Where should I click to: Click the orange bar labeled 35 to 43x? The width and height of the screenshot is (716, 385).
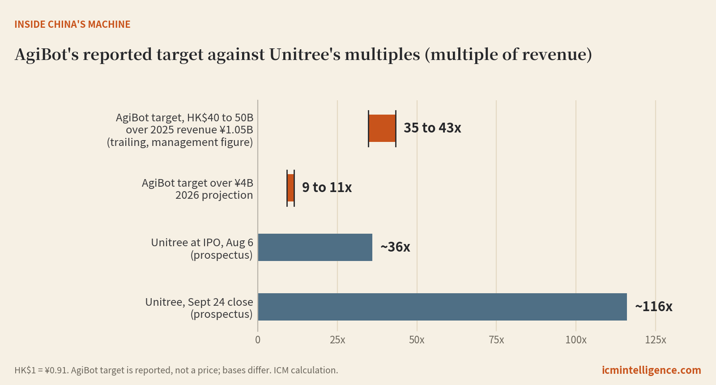(382, 128)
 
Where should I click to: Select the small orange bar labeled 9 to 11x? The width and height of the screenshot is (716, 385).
(290, 188)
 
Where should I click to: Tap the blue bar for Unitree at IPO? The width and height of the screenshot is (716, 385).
(315, 247)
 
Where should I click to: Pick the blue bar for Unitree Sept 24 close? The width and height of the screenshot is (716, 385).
(443, 307)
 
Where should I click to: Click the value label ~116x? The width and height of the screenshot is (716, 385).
(654, 306)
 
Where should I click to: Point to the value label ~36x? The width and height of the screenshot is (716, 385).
(395, 247)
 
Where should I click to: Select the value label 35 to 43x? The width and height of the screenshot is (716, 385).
(432, 128)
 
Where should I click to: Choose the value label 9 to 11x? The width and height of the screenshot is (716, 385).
(327, 188)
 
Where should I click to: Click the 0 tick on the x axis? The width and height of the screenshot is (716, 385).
(258, 340)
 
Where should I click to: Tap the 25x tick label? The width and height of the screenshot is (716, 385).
(337, 340)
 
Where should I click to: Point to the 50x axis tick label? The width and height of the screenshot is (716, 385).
(417, 340)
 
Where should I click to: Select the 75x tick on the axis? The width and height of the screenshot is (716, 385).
(496, 340)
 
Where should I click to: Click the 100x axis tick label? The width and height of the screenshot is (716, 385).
(576, 340)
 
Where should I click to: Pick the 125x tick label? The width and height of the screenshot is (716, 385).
(656, 340)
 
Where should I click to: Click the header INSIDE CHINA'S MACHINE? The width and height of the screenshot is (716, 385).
(72, 24)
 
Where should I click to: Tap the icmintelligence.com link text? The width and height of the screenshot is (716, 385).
(652, 370)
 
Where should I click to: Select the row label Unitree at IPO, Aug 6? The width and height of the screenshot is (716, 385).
(202, 242)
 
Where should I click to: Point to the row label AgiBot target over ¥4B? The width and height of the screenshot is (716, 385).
(197, 183)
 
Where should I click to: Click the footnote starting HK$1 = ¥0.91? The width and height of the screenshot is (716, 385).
(176, 370)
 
